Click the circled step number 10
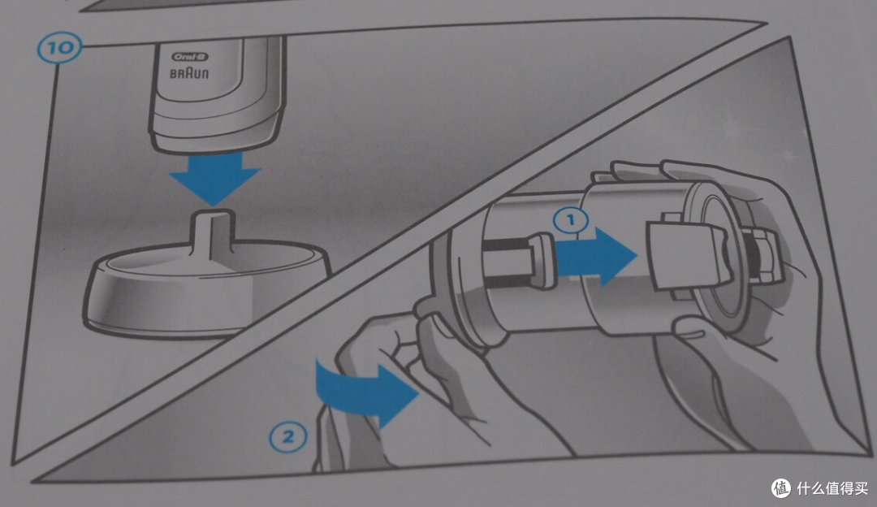(59, 47)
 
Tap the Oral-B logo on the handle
(189, 57)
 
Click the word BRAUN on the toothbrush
(189, 73)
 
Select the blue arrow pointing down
(215, 178)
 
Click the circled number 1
(571, 220)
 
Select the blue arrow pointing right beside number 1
(597, 256)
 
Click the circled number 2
(288, 436)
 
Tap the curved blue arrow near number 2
(366, 392)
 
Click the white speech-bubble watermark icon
(781, 488)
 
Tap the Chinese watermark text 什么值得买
(832, 488)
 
